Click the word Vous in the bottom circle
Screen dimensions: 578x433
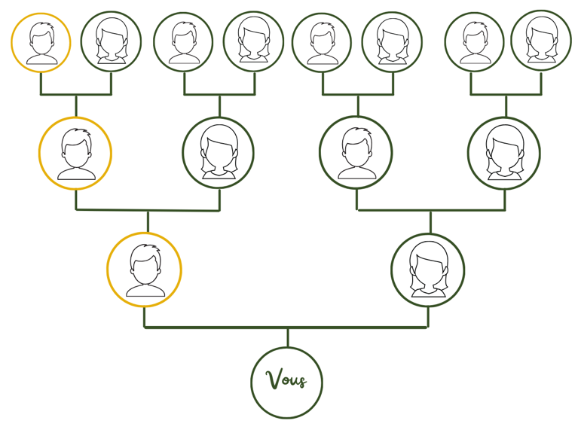tap(286, 380)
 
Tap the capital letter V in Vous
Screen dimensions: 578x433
tap(274, 380)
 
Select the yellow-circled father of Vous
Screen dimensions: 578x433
tap(144, 270)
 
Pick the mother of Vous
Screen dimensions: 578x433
tap(428, 270)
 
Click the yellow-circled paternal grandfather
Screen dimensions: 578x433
tap(75, 154)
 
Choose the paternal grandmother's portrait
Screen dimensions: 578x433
tap(219, 153)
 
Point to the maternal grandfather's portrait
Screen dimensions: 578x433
tap(356, 153)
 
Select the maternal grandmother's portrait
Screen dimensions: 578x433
tap(504, 154)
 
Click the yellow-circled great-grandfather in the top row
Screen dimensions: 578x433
tap(41, 42)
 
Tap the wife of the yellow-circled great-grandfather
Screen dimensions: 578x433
tap(111, 41)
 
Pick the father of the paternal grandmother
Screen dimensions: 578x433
tap(183, 42)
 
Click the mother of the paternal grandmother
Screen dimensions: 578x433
tap(254, 41)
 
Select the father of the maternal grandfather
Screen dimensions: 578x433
tap(322, 43)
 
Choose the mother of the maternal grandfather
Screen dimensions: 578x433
tap(392, 41)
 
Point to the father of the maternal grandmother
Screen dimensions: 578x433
tap(475, 42)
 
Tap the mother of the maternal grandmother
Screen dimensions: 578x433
tap(541, 41)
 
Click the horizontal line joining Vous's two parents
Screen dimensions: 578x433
tap(286, 328)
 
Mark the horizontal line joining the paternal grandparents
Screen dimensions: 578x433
tap(148, 210)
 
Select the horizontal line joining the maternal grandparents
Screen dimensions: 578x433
tap(431, 210)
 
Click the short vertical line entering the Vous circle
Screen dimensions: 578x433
tap(288, 337)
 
